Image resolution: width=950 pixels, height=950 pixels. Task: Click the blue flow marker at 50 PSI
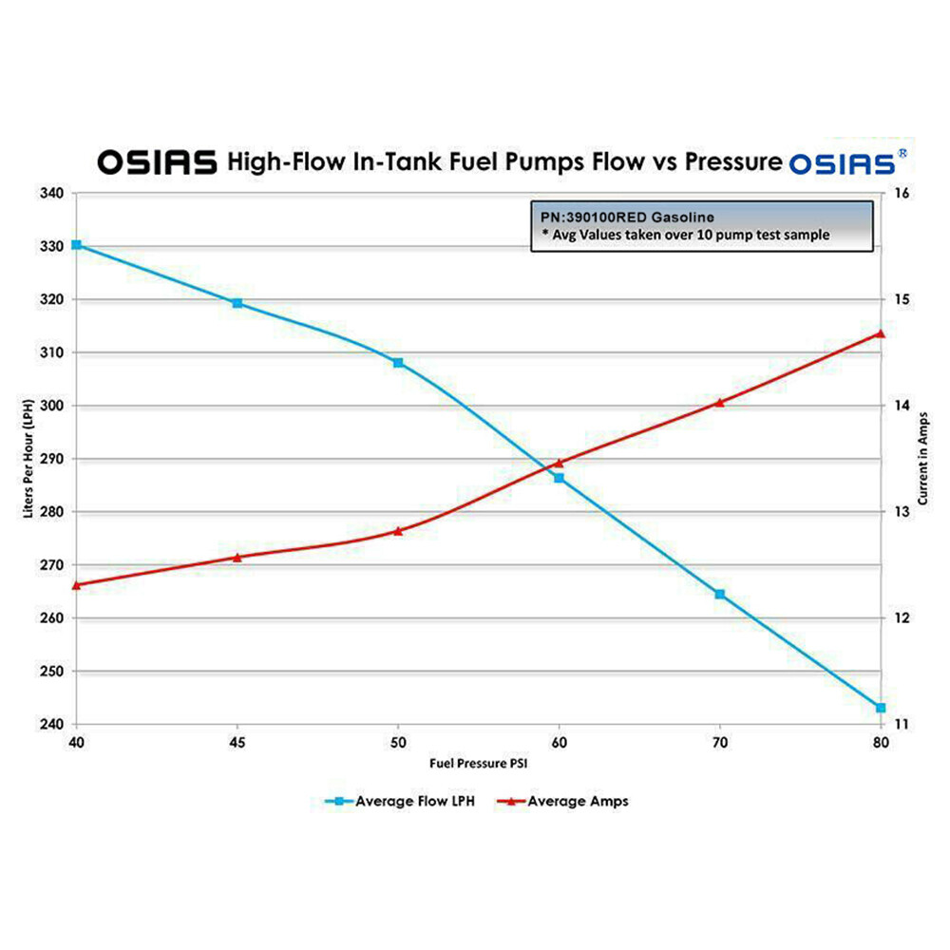398,363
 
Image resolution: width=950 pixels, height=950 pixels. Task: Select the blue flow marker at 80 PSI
881,708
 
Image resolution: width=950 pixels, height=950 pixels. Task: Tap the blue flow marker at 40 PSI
77,245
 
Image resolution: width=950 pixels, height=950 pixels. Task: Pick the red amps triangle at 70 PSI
719,402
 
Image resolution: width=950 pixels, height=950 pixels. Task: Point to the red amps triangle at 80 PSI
880,333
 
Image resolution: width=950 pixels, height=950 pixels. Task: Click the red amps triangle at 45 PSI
237,557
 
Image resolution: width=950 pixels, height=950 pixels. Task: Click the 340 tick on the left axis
53,194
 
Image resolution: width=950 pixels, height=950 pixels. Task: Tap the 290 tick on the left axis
53,459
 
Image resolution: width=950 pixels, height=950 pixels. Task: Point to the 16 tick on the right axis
903,194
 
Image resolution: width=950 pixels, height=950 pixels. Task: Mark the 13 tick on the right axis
903,512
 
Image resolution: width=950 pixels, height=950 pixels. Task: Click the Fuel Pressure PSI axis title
478,763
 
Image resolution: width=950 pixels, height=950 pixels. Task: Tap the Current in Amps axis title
925,459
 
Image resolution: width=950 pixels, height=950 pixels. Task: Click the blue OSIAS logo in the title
841,161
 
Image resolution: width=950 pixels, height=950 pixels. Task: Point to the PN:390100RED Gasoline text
626,218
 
